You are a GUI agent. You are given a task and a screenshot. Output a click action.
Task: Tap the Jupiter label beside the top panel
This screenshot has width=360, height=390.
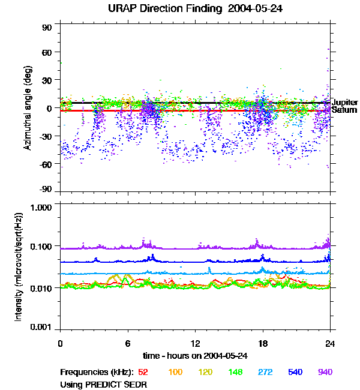click(x=344, y=103)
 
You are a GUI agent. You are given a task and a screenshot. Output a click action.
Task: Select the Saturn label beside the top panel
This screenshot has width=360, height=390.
click(x=343, y=110)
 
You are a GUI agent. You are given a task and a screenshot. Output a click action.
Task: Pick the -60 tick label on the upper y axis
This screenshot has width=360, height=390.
click(x=46, y=163)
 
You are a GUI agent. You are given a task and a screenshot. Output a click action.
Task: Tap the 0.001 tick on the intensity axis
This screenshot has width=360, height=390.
click(x=43, y=328)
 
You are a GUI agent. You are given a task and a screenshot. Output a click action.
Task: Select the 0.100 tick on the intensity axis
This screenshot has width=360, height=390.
click(x=43, y=247)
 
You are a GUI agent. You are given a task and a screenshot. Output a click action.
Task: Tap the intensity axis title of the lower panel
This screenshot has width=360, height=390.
click(x=19, y=267)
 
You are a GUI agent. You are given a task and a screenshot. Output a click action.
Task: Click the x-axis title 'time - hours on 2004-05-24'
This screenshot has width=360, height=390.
click(x=196, y=356)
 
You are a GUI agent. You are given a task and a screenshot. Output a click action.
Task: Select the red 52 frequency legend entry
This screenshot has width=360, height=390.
click(x=144, y=373)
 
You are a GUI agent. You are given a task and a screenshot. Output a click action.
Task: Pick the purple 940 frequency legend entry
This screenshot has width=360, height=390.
click(x=325, y=373)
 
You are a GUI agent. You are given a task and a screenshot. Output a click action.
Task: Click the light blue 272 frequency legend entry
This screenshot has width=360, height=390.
click(x=265, y=373)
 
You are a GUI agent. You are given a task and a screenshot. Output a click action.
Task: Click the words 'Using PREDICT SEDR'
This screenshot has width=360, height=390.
click(x=104, y=383)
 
